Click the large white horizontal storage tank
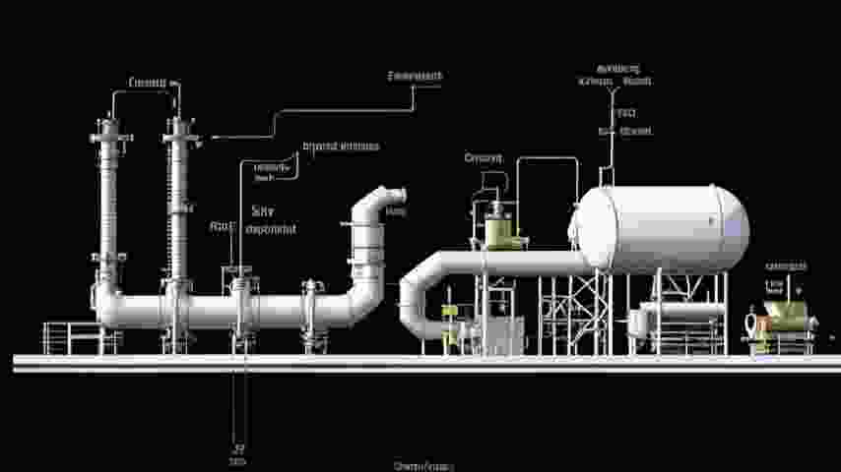(x=662, y=228)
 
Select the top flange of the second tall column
(x=178, y=127)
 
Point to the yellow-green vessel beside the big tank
(x=500, y=231)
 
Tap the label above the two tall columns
(x=148, y=83)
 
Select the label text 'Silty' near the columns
(x=263, y=209)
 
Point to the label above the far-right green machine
(x=786, y=266)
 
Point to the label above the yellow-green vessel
(x=483, y=158)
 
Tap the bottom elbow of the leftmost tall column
(x=107, y=305)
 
